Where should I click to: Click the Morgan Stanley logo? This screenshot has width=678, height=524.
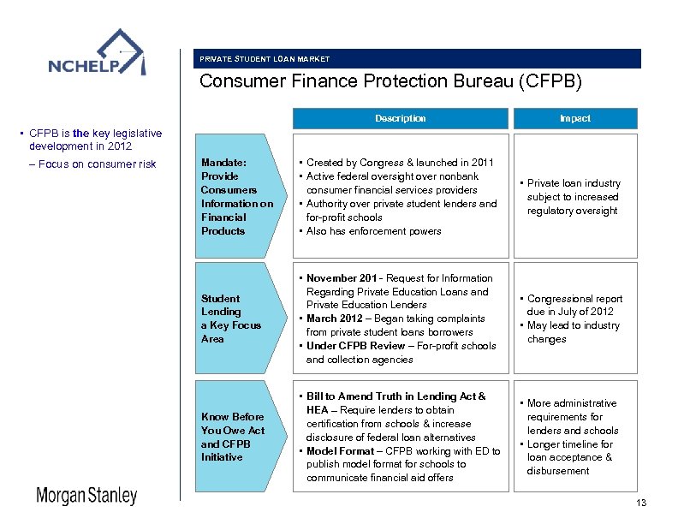click(x=86, y=496)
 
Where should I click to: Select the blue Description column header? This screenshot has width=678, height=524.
click(x=400, y=118)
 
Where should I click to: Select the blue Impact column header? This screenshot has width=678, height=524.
click(x=574, y=118)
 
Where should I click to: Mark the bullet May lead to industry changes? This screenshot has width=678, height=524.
click(x=574, y=332)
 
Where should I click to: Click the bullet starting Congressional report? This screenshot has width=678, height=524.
click(x=574, y=306)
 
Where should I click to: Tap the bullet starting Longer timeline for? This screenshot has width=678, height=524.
click(x=570, y=450)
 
